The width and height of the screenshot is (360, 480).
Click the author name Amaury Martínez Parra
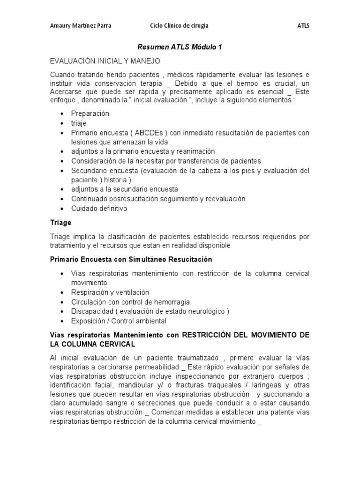pyautogui.click(x=81, y=25)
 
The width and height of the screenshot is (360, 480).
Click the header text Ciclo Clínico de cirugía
pyautogui.click(x=179, y=25)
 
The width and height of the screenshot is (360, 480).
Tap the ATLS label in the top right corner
pyautogui.click(x=303, y=25)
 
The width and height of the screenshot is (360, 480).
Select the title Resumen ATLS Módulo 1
pyautogui.click(x=180, y=48)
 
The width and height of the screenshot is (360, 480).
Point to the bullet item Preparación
pyautogui.click(x=90, y=113)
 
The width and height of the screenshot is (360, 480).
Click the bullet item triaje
pyautogui.click(x=79, y=123)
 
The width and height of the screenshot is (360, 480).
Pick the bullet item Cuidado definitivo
pyautogui.click(x=99, y=209)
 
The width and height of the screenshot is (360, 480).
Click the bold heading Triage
pyautogui.click(x=60, y=223)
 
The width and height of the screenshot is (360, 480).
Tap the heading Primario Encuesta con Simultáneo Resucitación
pyautogui.click(x=131, y=259)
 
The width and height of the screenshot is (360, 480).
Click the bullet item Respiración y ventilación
pyautogui.click(x=110, y=292)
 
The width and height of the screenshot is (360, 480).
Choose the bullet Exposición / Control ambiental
pyautogui.click(x=119, y=321)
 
